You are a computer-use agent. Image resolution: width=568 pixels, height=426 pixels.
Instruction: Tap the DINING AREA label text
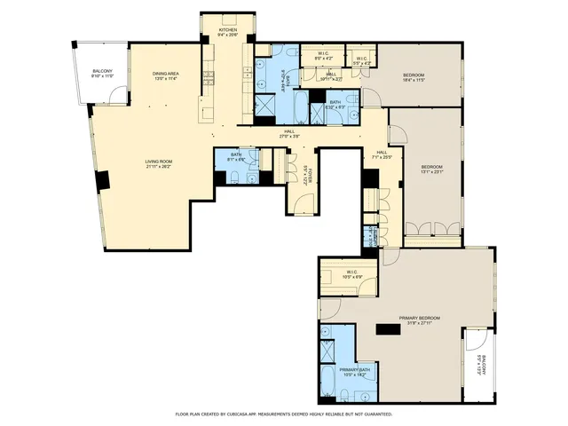pyautogui.click(x=166, y=74)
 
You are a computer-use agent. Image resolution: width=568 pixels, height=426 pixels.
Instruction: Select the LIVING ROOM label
pyautogui.click(x=161, y=162)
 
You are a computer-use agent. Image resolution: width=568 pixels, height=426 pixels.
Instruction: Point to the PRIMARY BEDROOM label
pyautogui.click(x=420, y=317)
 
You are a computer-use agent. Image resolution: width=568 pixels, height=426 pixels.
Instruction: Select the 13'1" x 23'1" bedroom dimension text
pyautogui.click(x=431, y=172)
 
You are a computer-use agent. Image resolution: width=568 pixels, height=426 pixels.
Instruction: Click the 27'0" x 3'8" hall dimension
pyautogui.click(x=290, y=137)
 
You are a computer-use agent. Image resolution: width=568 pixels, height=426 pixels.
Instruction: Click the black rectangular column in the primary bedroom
pyautogui.click(x=388, y=329)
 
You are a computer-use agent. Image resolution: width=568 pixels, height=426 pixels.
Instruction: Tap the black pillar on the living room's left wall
pyautogui.click(x=103, y=180)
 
